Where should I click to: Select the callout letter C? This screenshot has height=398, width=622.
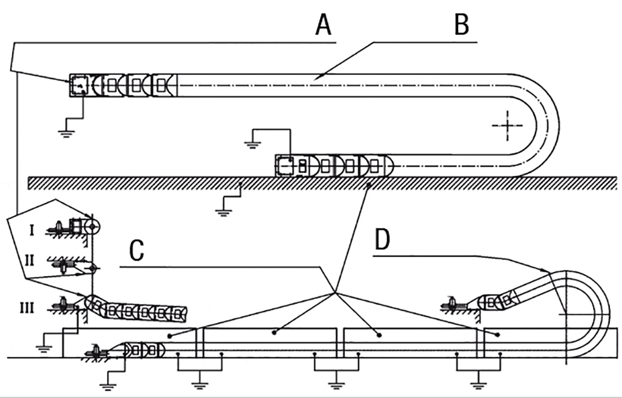(137, 251)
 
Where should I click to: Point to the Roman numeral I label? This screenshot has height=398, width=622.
(32, 230)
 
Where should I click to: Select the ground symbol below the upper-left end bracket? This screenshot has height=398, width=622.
(66, 133)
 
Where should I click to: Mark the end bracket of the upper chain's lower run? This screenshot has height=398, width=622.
(284, 165)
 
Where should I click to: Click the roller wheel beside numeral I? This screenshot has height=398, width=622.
(93, 228)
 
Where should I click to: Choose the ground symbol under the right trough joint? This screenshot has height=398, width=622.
(478, 379)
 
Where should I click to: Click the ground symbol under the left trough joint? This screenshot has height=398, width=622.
(199, 379)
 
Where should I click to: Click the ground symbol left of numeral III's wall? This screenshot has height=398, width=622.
(44, 348)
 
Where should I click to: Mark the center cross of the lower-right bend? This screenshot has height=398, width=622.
(565, 314)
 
